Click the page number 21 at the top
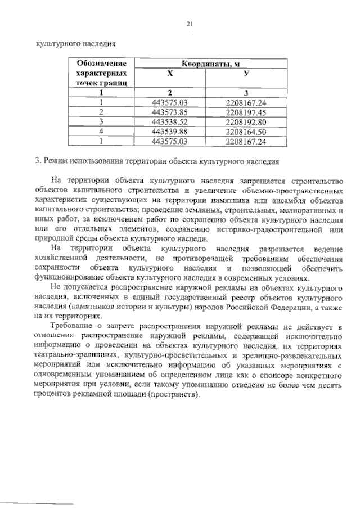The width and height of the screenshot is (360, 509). (x=190, y=23)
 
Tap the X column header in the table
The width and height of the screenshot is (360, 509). (x=169, y=74)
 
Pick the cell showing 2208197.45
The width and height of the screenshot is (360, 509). (x=245, y=111)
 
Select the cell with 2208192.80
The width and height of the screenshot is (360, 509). (x=245, y=121)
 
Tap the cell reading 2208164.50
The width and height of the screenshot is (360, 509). (x=245, y=131)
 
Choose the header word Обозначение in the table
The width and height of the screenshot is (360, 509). (x=101, y=64)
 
